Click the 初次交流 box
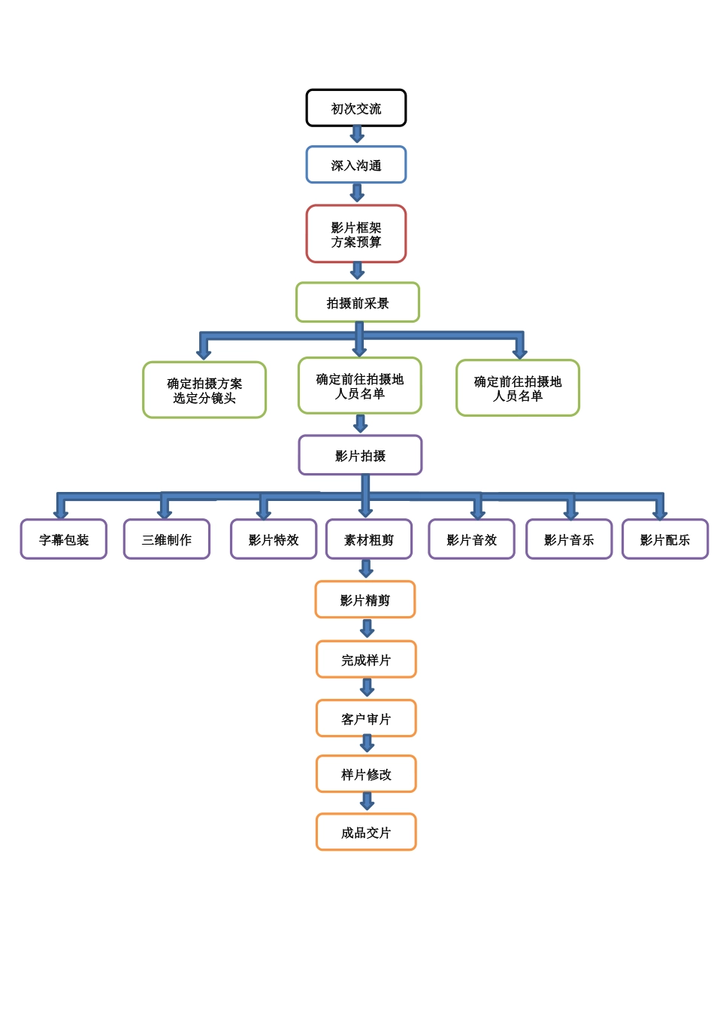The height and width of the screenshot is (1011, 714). (356, 108)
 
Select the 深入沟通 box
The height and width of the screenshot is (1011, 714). (356, 165)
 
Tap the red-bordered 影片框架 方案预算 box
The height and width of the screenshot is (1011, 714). (356, 235)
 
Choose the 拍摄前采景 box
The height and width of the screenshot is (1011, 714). (358, 303)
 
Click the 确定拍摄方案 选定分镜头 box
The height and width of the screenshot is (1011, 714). (204, 390)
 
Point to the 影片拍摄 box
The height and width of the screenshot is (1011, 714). (360, 456)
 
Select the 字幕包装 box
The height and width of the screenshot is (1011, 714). (64, 539)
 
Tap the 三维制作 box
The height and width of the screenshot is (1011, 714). (167, 539)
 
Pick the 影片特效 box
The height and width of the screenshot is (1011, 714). (274, 539)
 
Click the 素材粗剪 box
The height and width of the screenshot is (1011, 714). (369, 539)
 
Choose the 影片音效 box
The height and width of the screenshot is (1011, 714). (472, 539)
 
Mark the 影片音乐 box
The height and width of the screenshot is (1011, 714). (569, 539)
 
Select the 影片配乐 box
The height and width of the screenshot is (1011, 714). (665, 539)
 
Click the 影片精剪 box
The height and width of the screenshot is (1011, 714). (365, 600)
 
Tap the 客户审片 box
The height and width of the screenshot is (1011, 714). (366, 719)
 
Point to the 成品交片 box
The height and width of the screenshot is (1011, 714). (366, 833)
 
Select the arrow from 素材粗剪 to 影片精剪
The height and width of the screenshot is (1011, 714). (366, 569)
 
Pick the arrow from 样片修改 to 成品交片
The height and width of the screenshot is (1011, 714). (367, 802)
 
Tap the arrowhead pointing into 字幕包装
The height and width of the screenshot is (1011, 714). (61, 513)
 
